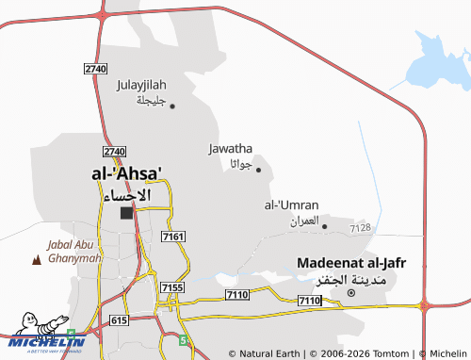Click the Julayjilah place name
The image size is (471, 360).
point(141,85)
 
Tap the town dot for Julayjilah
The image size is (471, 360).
point(172,106)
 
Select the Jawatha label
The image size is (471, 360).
point(230,148)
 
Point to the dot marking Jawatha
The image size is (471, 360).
point(258,170)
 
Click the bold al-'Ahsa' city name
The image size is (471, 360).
point(126,174)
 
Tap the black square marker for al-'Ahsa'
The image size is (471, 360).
point(126,213)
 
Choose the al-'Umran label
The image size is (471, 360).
point(291,205)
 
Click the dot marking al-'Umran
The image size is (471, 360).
point(324,226)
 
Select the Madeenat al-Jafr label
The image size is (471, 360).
point(350,263)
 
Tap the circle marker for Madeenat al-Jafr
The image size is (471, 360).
point(351,293)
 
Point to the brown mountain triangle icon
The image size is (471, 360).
point(37,258)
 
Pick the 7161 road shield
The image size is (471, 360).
point(172,237)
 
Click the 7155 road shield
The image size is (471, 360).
point(171,286)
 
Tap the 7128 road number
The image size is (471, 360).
point(360,228)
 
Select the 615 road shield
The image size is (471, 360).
point(118,320)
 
